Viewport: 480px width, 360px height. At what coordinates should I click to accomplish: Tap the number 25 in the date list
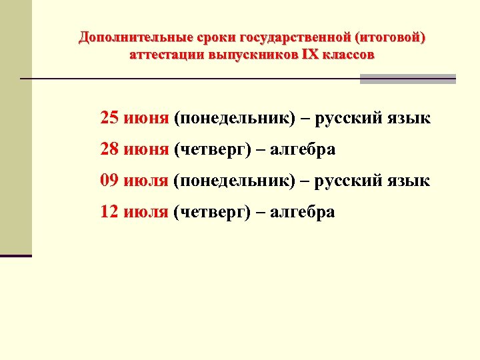pyautogui.click(x=109, y=119)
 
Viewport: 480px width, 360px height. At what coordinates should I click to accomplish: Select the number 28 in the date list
pyautogui.click(x=109, y=150)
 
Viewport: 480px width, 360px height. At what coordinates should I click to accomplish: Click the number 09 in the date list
pyautogui.click(x=109, y=181)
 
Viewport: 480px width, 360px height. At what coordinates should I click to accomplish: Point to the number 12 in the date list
pyautogui.click(x=109, y=212)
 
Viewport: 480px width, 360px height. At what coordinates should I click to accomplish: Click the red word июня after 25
pyautogui.click(x=146, y=119)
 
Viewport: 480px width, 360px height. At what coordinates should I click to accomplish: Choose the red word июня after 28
pyautogui.click(x=146, y=150)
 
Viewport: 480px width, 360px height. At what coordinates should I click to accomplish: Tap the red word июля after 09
pyautogui.click(x=146, y=181)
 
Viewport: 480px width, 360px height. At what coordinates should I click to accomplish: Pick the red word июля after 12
pyautogui.click(x=146, y=212)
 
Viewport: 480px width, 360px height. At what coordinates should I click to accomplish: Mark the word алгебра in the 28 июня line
pyautogui.click(x=303, y=150)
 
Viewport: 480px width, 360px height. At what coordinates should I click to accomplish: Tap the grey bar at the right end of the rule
pyautogui.click(x=408, y=79)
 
